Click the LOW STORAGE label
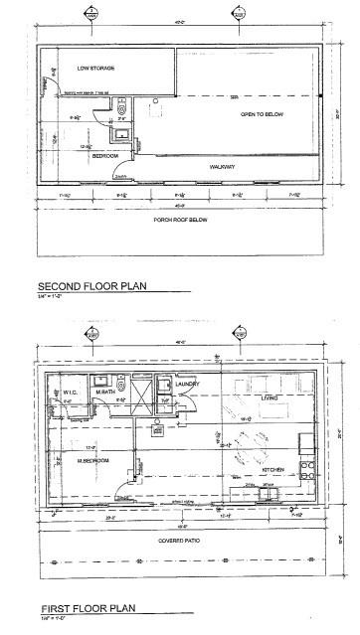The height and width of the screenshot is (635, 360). [95, 68]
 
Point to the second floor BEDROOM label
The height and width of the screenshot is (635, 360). [106, 156]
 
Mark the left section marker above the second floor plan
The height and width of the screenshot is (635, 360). [91, 15]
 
